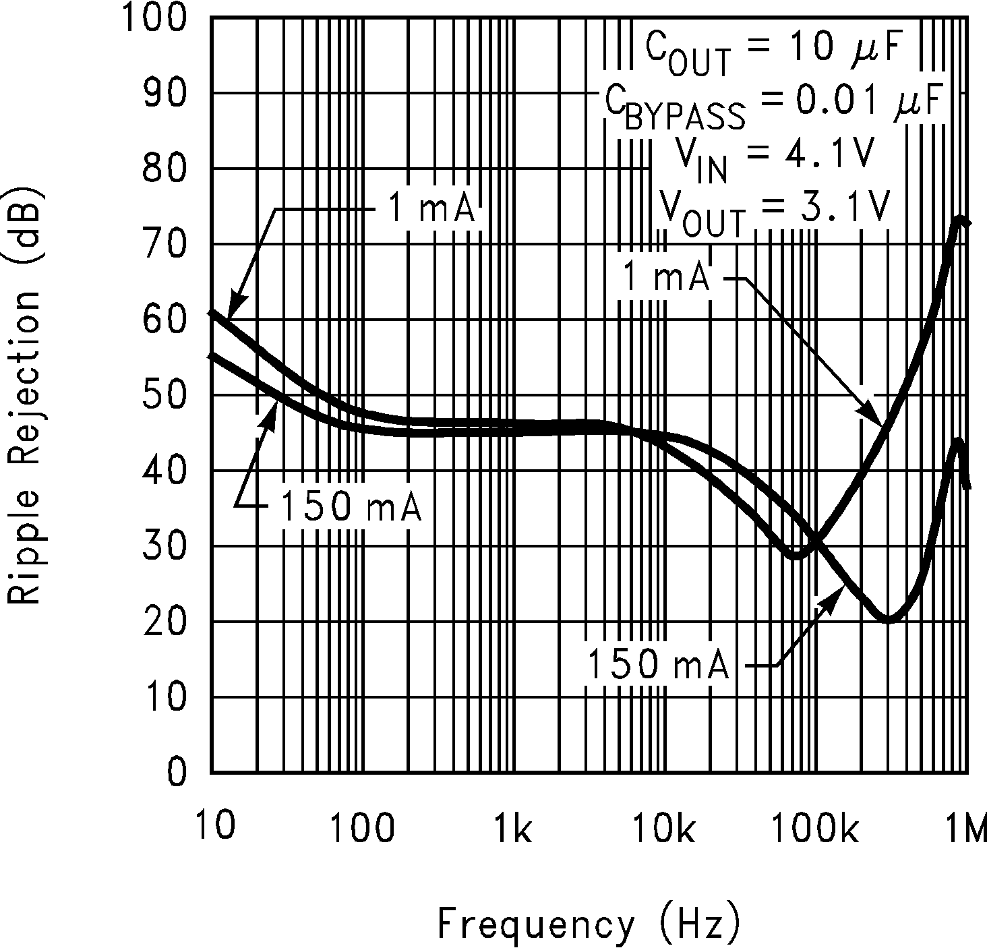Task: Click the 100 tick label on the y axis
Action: (x=154, y=18)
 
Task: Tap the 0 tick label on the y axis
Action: (x=175, y=772)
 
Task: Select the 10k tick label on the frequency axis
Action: (x=663, y=828)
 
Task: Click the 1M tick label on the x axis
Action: (x=965, y=828)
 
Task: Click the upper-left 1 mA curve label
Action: (x=429, y=210)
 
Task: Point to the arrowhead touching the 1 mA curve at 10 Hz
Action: (x=231, y=313)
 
